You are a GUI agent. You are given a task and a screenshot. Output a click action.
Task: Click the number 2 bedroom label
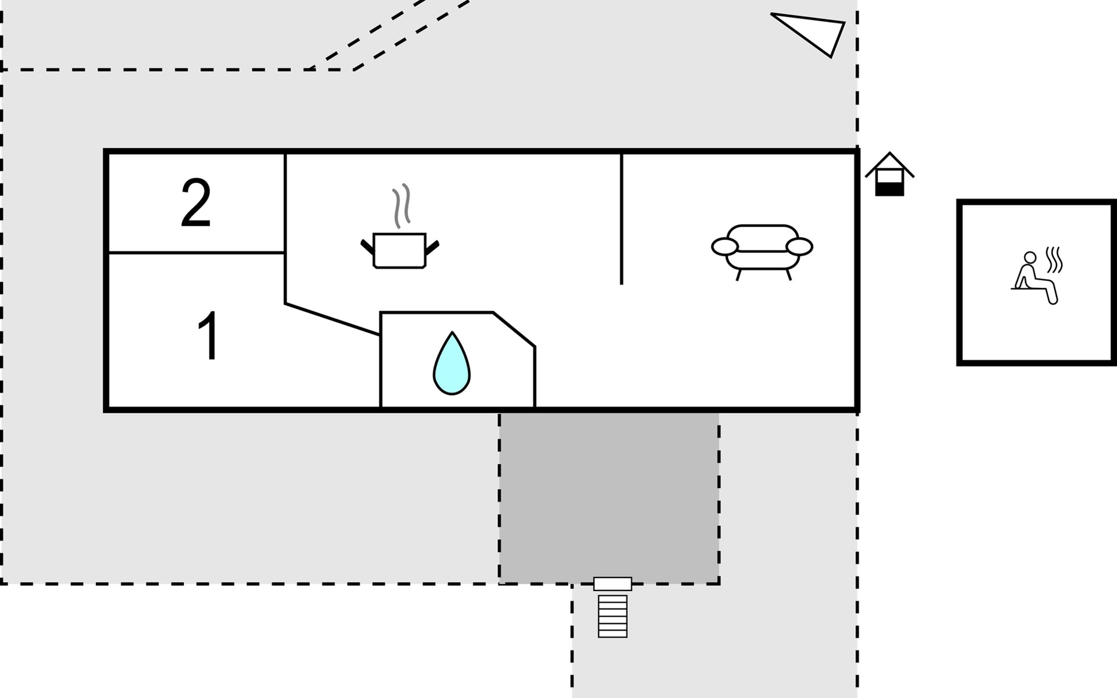coord(195,204)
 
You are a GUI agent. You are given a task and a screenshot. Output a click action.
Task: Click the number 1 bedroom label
coord(208,336)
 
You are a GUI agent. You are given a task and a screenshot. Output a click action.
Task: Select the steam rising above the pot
coord(401,205)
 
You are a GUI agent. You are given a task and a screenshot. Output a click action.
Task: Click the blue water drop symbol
coord(451,364)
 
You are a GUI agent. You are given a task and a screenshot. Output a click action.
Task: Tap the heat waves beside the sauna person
coord(1054,260)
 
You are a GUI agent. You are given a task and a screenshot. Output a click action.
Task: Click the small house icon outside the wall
coord(890,174)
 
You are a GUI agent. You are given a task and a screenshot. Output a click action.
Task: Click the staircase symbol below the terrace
coord(613,616)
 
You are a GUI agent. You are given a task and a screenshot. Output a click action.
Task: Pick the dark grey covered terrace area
coord(609,498)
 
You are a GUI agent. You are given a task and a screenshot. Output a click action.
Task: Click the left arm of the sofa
coord(725,247)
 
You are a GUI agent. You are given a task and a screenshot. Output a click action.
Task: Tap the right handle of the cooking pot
coord(432,248)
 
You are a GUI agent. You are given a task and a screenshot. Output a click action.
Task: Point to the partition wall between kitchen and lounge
coord(621,219)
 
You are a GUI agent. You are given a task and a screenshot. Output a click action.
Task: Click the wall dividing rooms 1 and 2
coord(197,252)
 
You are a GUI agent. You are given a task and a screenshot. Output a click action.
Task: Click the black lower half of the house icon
coord(890,189)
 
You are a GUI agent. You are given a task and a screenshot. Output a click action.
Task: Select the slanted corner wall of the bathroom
coord(514,329)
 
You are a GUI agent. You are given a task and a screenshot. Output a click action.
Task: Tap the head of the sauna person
coord(1030,258)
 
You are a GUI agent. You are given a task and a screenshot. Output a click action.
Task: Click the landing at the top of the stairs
coord(613,584)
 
